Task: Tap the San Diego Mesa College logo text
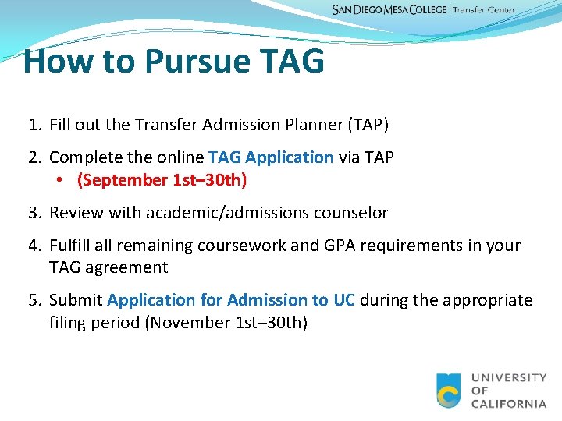(x=389, y=10)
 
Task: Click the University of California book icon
(x=449, y=391)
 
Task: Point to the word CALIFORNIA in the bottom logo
(x=509, y=404)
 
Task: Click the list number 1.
(x=34, y=125)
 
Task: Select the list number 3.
(x=34, y=213)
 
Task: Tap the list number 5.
(x=34, y=300)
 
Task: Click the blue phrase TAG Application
(x=271, y=157)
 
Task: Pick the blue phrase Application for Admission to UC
(x=231, y=300)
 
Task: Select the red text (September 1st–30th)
(x=162, y=181)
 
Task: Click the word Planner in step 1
(x=300, y=125)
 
